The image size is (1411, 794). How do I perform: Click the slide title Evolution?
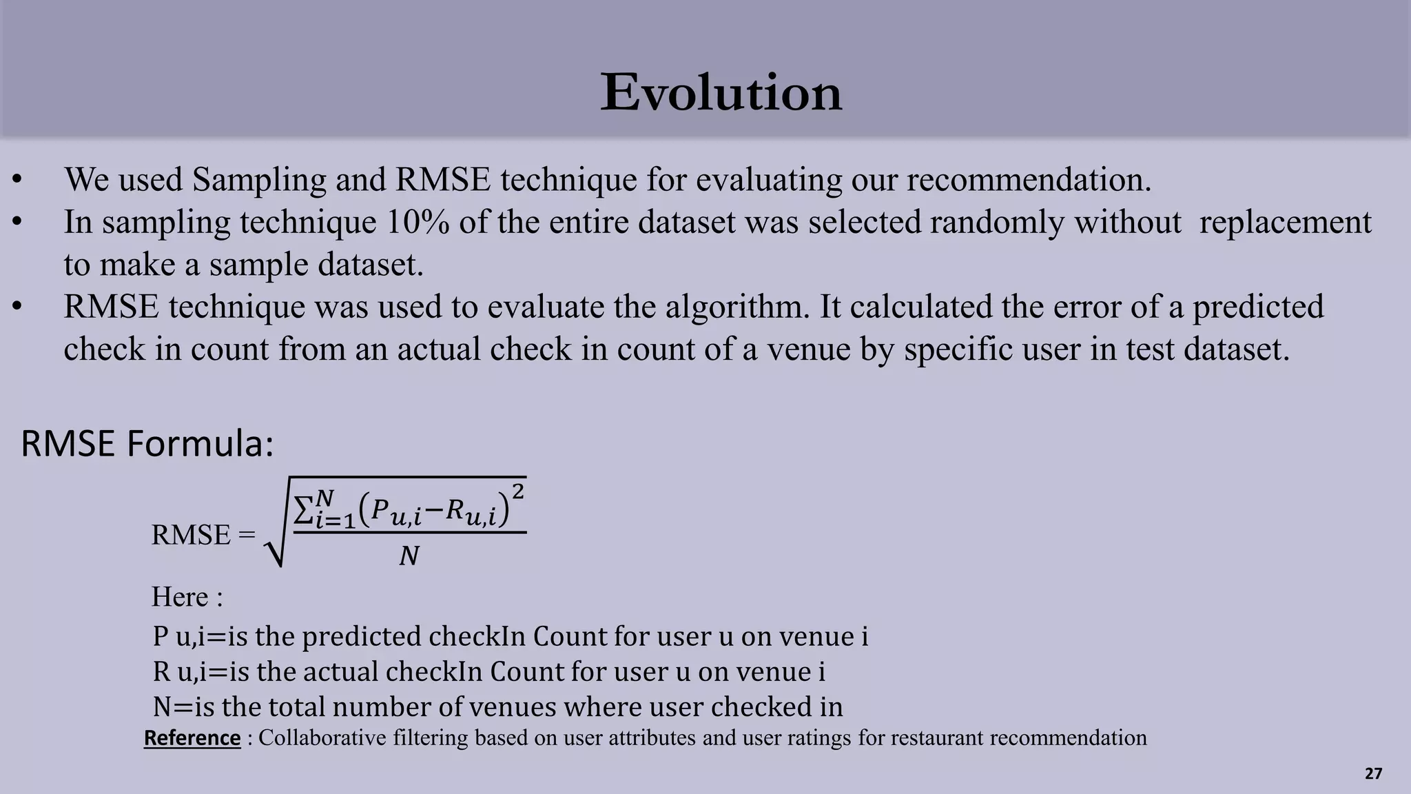point(721,92)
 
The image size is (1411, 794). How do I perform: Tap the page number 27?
point(1373,773)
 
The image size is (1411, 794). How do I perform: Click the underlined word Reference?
point(192,737)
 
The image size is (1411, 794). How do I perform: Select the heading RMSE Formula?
point(147,443)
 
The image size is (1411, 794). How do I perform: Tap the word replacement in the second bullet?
point(1285,223)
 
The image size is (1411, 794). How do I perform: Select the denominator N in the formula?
point(409,556)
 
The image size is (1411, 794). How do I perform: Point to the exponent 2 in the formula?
point(518,492)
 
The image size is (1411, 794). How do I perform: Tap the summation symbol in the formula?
point(304,509)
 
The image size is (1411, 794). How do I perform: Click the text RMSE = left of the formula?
point(203,535)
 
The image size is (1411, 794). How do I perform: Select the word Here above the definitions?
point(180,597)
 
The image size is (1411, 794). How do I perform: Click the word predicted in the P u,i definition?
point(362,636)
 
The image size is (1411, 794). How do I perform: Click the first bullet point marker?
point(18,181)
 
